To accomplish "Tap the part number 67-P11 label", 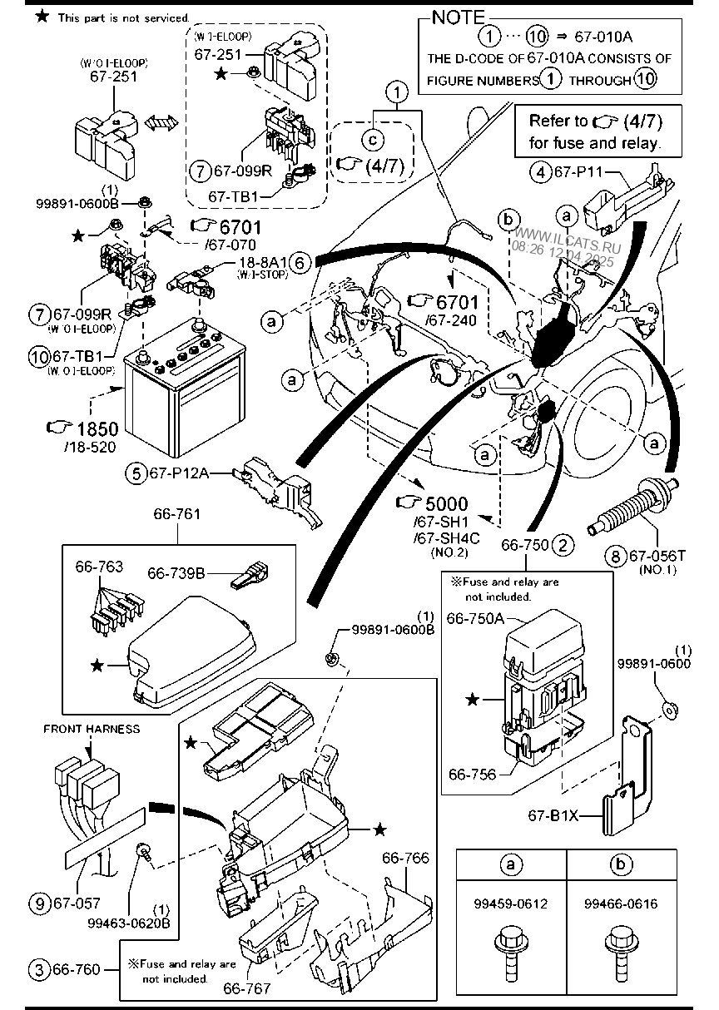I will click(578, 173).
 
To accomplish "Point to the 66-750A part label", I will click(477, 618).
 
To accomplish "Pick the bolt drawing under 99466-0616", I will click(621, 952).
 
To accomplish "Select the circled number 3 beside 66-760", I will click(38, 969).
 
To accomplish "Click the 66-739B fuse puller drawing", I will click(250, 575).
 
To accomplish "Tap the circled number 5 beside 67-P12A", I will click(135, 473).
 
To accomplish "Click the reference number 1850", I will click(97, 428).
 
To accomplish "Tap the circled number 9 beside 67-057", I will click(38, 903).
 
